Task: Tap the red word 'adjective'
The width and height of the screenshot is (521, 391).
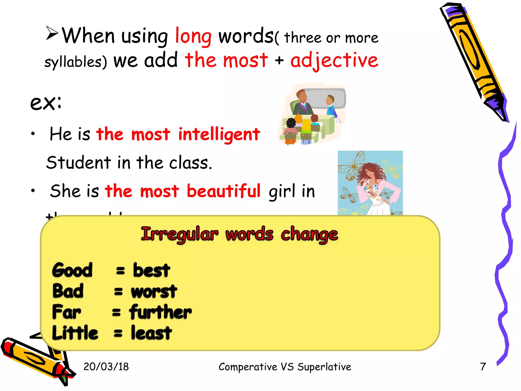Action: (x=334, y=61)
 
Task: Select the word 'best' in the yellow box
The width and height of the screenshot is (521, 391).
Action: (x=151, y=270)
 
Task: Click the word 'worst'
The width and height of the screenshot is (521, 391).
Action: (x=154, y=291)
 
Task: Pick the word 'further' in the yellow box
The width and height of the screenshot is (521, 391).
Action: (x=161, y=312)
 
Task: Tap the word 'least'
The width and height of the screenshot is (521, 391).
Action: (x=151, y=333)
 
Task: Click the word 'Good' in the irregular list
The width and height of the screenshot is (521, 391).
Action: (x=72, y=270)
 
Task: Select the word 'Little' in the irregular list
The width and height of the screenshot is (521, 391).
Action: (x=75, y=333)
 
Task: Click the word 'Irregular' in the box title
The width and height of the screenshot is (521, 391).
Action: (x=180, y=234)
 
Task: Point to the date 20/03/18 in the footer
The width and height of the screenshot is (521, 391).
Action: (x=106, y=367)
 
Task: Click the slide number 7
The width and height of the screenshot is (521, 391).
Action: (x=483, y=367)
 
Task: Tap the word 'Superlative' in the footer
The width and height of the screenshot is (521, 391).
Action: (x=324, y=367)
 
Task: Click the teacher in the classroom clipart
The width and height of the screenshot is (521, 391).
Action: (x=302, y=102)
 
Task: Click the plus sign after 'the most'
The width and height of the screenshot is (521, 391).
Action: (x=279, y=61)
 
